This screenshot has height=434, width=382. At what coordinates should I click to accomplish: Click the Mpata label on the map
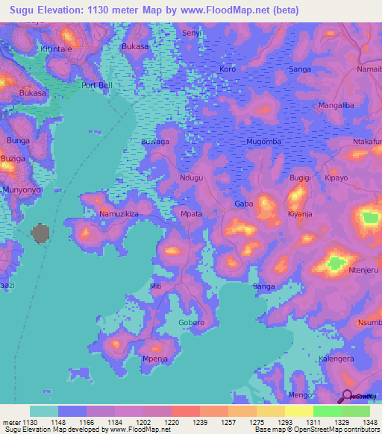point(192,214)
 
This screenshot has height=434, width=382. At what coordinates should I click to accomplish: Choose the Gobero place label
point(192,323)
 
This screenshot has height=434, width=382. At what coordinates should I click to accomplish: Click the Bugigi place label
point(300,178)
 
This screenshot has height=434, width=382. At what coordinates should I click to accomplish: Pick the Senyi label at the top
point(192,34)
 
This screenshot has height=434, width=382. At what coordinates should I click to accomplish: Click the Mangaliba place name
point(336,105)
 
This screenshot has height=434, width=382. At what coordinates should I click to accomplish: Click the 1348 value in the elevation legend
point(369,423)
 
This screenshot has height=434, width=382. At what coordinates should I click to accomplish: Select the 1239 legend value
point(199,423)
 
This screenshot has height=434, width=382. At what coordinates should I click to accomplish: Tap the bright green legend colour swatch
point(327,411)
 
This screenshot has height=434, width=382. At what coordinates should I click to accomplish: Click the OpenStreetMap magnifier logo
point(346,397)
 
